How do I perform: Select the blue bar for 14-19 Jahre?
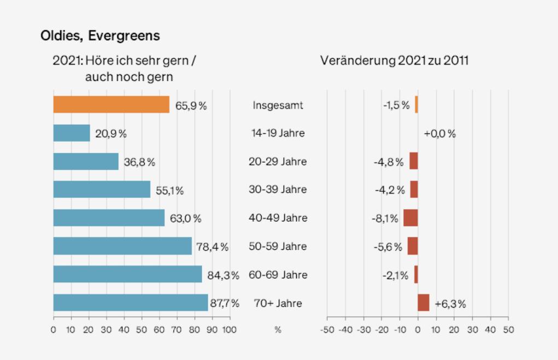[72, 133]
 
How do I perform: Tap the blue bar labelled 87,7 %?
[131, 303]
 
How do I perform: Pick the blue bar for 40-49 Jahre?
[109, 218]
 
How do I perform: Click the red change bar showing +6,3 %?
[423, 303]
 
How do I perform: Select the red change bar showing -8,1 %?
[411, 218]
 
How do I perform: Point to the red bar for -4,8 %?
[414, 161]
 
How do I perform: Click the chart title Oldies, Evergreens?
[100, 36]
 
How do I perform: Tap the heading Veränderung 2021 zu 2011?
[394, 60]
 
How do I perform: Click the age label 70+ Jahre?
[278, 303]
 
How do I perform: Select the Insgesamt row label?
[278, 105]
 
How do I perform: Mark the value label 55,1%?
[170, 190]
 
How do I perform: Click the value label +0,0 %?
[440, 133]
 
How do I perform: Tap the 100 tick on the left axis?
[230, 330]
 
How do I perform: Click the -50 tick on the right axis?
[327, 330]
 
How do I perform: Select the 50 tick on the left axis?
[142, 330]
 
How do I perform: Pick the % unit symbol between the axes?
[278, 330]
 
